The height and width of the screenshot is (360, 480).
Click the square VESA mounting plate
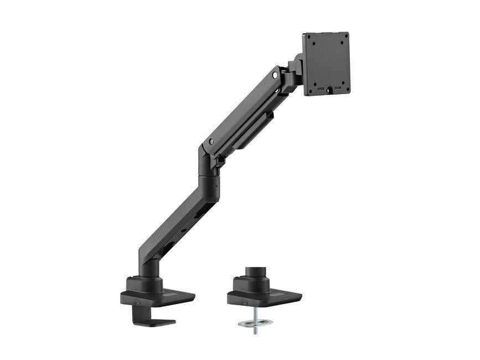pos(326,63)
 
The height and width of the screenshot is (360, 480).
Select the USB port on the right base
pos(244,302)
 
